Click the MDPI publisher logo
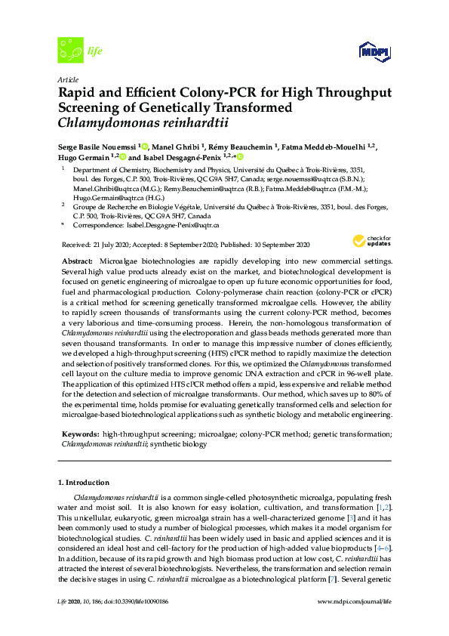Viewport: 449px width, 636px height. click(370, 52)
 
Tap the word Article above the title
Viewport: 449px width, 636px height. click(68, 79)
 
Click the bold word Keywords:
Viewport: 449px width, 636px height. click(79, 434)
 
